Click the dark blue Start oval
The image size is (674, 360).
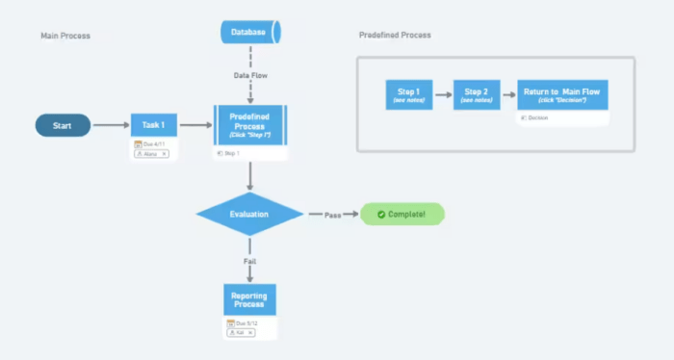pos(63,125)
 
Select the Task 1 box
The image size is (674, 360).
pos(154,125)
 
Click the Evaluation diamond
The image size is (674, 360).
pos(249,214)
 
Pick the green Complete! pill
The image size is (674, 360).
pos(402,214)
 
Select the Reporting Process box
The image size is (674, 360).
pos(250,298)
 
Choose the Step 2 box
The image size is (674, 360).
pos(477,94)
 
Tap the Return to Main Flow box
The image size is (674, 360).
pos(562,94)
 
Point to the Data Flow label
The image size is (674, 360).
pos(250,75)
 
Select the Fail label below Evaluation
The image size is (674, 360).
pos(250,260)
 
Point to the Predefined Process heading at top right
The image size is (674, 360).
pos(394,35)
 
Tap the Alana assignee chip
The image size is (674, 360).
pos(151,154)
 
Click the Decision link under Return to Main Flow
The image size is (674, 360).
pos(537,118)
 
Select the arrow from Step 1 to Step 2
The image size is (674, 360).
pos(443,94)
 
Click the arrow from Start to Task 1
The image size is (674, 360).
pos(111,125)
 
